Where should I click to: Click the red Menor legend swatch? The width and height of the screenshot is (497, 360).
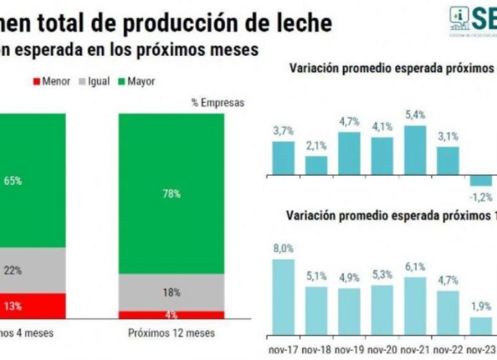click(x=35, y=81)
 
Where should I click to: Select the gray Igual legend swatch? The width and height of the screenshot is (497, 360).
click(x=82, y=81)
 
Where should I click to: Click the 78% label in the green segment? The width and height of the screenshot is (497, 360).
click(x=172, y=194)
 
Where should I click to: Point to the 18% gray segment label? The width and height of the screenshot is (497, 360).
click(x=172, y=292)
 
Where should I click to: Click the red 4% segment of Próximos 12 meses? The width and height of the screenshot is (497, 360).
click(x=172, y=315)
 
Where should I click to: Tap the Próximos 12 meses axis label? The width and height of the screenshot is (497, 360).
click(x=172, y=333)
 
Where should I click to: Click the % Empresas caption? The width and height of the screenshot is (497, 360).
click(x=217, y=103)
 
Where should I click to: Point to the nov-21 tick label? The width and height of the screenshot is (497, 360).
click(x=415, y=349)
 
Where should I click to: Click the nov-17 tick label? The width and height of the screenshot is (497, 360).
click(x=283, y=349)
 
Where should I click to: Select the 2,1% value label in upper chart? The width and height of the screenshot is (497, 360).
click(x=316, y=147)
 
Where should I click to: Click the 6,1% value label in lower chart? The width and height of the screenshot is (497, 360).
click(x=415, y=267)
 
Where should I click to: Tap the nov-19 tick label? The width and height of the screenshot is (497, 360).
click(x=349, y=349)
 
